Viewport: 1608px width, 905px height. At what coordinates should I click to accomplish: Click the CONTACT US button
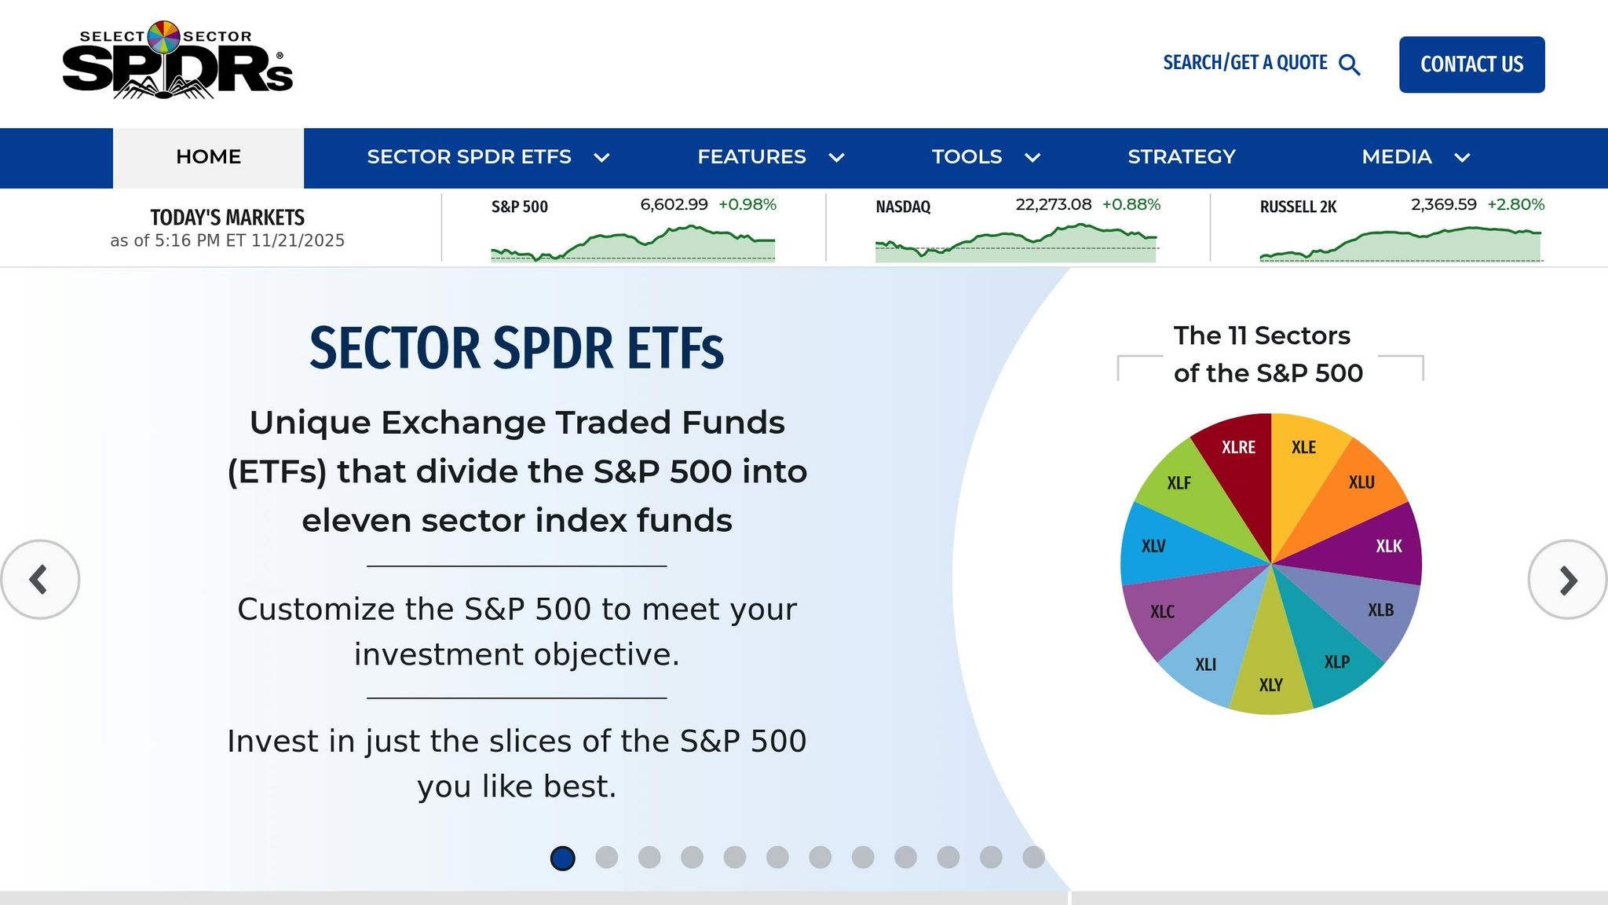click(x=1471, y=64)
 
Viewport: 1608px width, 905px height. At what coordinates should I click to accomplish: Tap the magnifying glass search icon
click(x=1349, y=64)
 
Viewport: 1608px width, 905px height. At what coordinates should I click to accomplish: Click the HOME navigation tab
click(x=208, y=157)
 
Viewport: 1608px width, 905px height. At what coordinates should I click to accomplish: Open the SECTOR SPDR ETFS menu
click(x=469, y=157)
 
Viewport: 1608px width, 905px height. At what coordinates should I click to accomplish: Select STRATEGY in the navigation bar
click(x=1181, y=157)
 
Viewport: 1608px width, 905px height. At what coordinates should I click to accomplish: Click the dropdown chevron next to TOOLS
click(x=1032, y=158)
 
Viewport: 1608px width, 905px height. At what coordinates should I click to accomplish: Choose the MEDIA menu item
click(x=1396, y=157)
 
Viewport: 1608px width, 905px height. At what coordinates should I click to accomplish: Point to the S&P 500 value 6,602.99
click(x=674, y=204)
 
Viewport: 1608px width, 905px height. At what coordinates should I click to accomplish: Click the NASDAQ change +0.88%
click(x=1131, y=204)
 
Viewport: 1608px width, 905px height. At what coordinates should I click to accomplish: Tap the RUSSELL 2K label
click(x=1297, y=207)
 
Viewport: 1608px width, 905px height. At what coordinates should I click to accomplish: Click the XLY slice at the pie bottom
click(x=1270, y=676)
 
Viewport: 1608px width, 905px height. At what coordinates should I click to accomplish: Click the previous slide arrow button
click(x=39, y=580)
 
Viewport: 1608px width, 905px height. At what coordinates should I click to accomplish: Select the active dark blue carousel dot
click(x=562, y=858)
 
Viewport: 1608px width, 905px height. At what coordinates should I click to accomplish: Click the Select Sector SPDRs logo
click(x=177, y=61)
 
